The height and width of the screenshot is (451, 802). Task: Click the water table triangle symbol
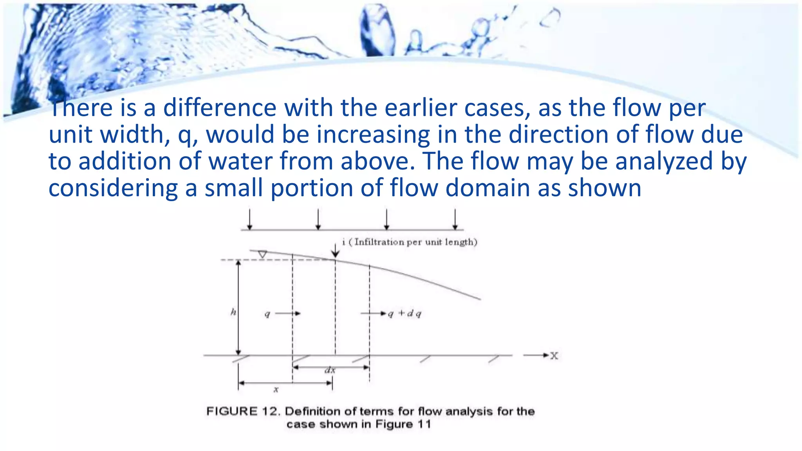262,254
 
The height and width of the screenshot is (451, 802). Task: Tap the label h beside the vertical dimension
233,312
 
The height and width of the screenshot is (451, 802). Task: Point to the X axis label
554,355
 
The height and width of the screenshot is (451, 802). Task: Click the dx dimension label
330,370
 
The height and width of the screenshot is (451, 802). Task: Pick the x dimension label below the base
276,390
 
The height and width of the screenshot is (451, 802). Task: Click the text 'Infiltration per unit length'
415,242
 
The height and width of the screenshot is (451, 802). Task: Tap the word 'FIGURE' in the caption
232,411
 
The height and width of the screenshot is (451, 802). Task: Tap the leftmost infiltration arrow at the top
250,220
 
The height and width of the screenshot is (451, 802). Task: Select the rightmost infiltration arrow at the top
455,220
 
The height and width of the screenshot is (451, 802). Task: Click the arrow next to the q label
288,313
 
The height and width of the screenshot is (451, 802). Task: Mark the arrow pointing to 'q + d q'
373,313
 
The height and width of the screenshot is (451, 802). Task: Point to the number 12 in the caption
270,411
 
